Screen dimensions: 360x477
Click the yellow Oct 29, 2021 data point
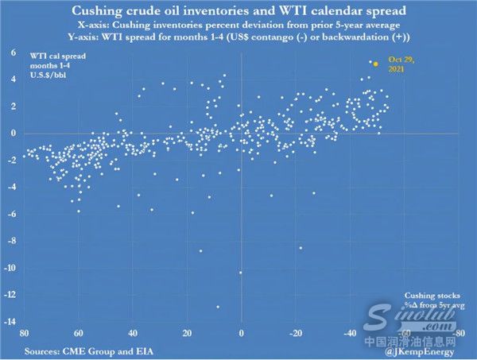tap(375, 63)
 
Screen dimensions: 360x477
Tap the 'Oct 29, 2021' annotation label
tap(401, 65)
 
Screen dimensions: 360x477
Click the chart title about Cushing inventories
tap(238, 12)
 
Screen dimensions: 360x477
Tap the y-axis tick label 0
tap(14, 134)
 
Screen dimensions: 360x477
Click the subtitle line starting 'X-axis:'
tap(238, 25)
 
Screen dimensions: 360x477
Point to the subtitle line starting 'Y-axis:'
tap(238, 37)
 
